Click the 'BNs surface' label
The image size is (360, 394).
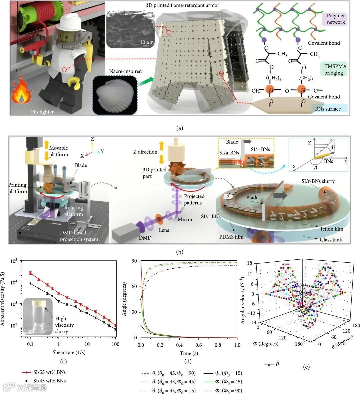328,109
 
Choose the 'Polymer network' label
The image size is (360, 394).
336,19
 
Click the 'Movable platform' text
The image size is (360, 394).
59,151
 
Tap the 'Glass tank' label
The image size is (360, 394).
331,240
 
